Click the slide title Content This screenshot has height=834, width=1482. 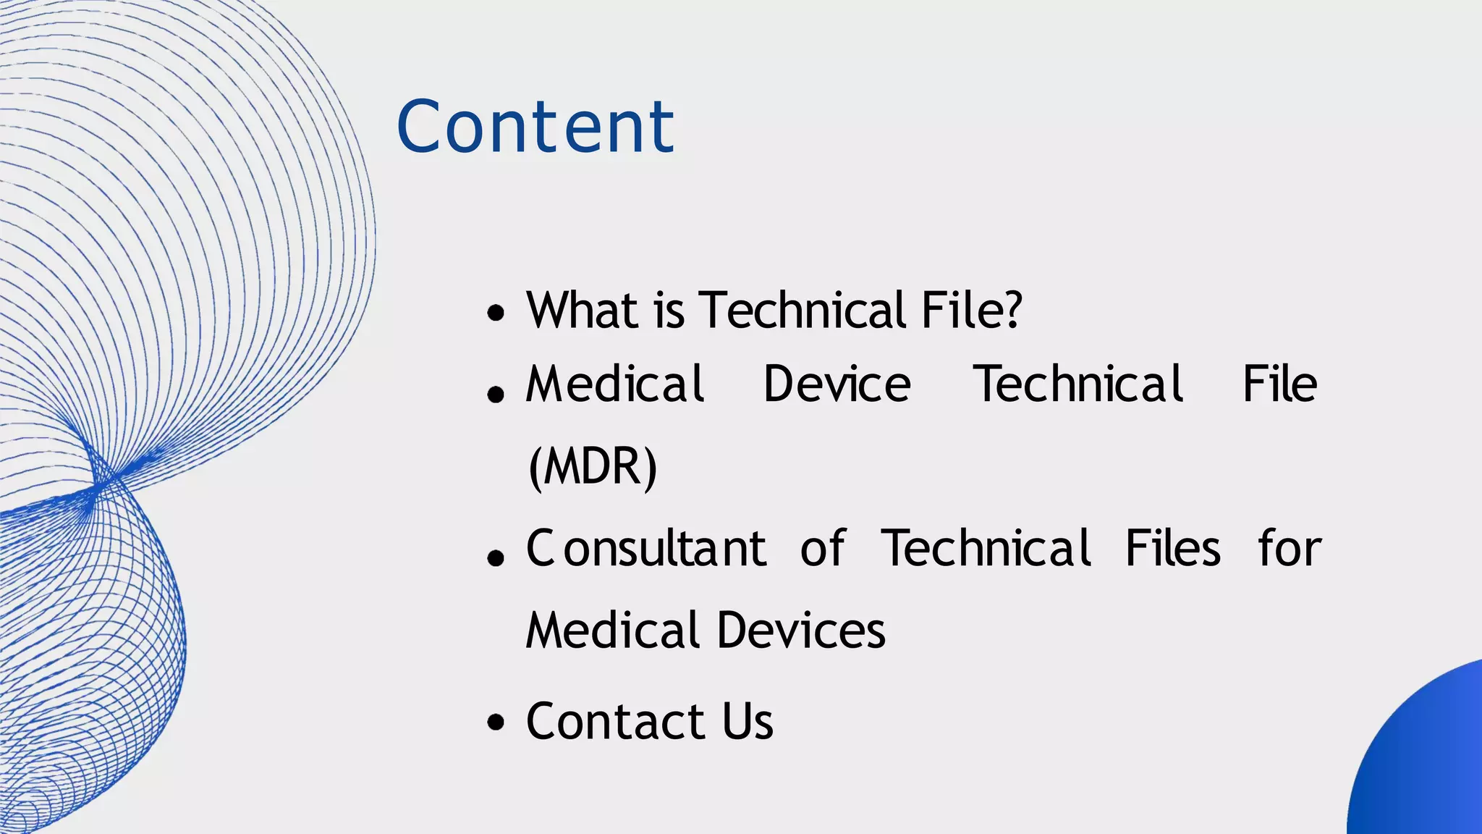(x=535, y=127)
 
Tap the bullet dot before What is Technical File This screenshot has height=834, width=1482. (x=496, y=313)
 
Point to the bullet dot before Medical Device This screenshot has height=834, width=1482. (x=496, y=394)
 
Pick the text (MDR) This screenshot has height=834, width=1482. (x=593, y=466)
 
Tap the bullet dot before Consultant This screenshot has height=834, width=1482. (x=496, y=557)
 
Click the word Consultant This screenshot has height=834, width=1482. (x=645, y=548)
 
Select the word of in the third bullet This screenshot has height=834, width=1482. (x=823, y=548)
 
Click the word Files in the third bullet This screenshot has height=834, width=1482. (x=1173, y=548)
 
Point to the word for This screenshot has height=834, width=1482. (x=1290, y=548)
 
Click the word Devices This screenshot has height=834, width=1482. (x=801, y=630)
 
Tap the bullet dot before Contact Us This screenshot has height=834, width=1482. (x=496, y=723)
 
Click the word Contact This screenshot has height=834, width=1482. (x=615, y=721)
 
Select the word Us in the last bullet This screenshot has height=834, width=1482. (x=748, y=721)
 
